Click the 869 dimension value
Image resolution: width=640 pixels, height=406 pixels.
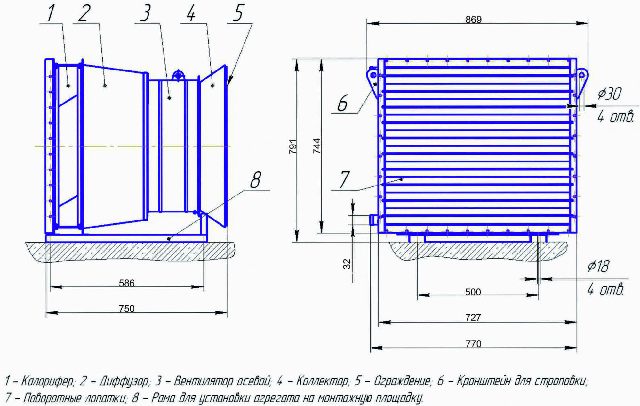[x=473, y=20]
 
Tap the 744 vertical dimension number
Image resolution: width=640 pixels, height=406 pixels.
[x=317, y=146]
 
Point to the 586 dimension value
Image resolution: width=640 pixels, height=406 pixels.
[x=127, y=283]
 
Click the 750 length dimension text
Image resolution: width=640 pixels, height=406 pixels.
[x=127, y=309]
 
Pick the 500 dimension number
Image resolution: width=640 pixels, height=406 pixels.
[x=473, y=292]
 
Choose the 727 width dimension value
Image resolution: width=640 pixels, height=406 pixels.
[x=473, y=317]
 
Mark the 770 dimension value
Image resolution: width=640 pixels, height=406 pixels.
[x=473, y=344]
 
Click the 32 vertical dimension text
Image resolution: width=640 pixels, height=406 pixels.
[x=347, y=264]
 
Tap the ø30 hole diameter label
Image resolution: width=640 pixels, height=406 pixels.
[x=609, y=94]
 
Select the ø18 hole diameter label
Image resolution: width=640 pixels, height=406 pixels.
[x=598, y=266]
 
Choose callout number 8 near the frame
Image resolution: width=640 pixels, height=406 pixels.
[x=255, y=180]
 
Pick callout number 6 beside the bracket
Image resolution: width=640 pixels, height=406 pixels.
[x=342, y=103]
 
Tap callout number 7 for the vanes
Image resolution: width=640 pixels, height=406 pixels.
[x=344, y=180]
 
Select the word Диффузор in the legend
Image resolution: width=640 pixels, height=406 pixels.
[x=124, y=381]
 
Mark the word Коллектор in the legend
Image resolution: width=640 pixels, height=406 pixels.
[x=322, y=381]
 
